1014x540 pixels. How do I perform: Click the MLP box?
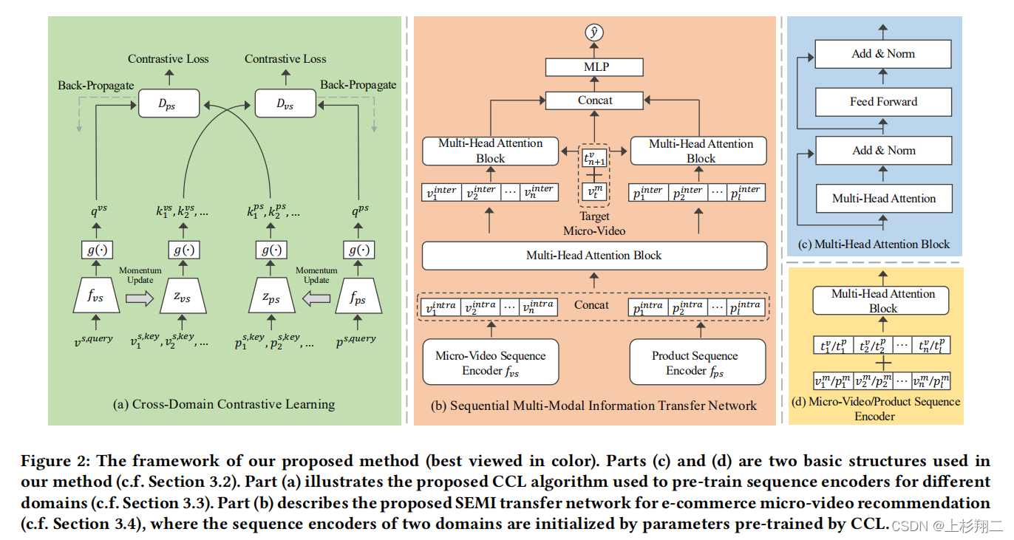click(x=594, y=67)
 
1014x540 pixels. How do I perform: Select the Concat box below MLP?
click(x=594, y=100)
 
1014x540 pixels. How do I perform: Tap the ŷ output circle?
click(x=594, y=33)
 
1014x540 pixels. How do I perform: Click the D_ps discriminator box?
click(x=169, y=103)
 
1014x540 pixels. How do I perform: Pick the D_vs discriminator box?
click(x=285, y=103)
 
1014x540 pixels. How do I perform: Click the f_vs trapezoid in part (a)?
click(x=96, y=295)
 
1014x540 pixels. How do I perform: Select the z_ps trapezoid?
click(x=272, y=295)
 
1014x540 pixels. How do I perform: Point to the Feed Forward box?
click(x=883, y=102)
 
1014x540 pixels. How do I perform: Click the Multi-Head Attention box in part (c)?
click(x=884, y=198)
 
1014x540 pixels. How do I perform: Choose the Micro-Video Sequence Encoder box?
click(x=491, y=362)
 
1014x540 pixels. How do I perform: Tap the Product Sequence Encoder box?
click(x=698, y=362)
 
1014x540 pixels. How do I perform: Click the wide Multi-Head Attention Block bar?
click(x=594, y=256)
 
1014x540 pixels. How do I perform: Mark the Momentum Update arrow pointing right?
click(x=140, y=298)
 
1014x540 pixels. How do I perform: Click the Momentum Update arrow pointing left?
click(x=316, y=298)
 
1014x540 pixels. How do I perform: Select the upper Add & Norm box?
click(x=883, y=54)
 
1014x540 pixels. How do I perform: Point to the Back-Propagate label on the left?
click(x=96, y=86)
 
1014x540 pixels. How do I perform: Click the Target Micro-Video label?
click(x=594, y=224)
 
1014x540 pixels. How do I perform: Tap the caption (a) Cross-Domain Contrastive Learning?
click(x=224, y=404)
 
